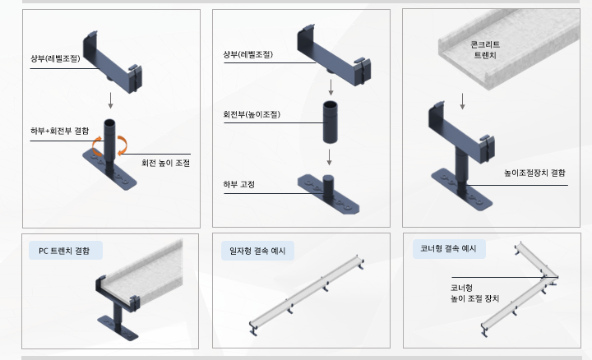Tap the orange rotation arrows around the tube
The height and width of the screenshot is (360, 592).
click(109, 147)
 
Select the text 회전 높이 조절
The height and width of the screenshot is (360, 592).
click(165, 163)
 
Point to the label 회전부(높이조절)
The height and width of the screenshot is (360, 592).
click(251, 114)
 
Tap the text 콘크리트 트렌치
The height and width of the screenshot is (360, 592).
click(485, 49)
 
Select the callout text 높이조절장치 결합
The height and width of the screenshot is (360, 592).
click(534, 173)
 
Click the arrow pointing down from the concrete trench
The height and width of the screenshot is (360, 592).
click(463, 100)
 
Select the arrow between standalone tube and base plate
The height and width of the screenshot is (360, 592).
click(329, 156)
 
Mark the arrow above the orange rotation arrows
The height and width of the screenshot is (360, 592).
click(109, 101)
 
